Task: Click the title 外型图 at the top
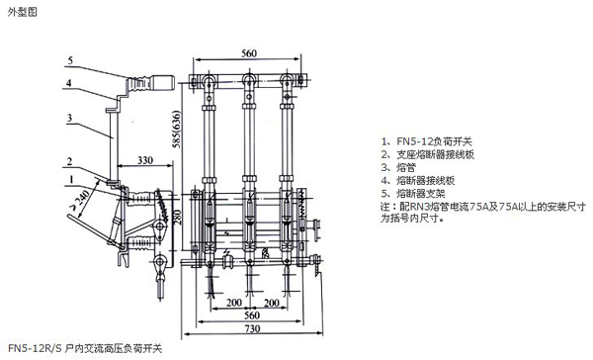23,12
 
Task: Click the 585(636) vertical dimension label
176,130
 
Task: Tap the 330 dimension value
145,160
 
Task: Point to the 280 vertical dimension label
177,217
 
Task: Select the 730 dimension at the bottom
252,328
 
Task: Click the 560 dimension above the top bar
249,53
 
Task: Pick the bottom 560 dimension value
252,315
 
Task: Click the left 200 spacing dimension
234,303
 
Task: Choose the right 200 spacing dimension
272,303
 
